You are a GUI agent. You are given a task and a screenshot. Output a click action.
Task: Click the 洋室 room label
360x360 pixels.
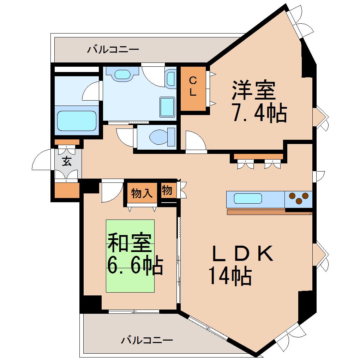tap(253, 90)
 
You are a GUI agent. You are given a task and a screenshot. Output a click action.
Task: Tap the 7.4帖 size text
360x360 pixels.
tap(258, 113)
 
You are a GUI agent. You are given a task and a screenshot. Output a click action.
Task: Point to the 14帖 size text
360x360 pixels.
tap(230, 276)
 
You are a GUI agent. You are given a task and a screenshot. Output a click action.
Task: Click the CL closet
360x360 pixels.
tap(193, 87)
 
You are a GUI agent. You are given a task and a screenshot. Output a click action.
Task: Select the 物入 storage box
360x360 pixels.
tap(142, 193)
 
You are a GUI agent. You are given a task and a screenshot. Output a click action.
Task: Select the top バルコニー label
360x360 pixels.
tap(113, 49)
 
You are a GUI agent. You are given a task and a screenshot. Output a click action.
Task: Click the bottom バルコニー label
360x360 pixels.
tap(147, 340)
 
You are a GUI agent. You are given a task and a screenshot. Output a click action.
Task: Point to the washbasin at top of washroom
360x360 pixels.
tap(123, 74)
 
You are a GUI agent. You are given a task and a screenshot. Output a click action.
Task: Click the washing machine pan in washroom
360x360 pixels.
tap(167, 107)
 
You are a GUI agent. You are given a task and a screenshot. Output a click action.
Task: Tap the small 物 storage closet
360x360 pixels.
tap(167, 191)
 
